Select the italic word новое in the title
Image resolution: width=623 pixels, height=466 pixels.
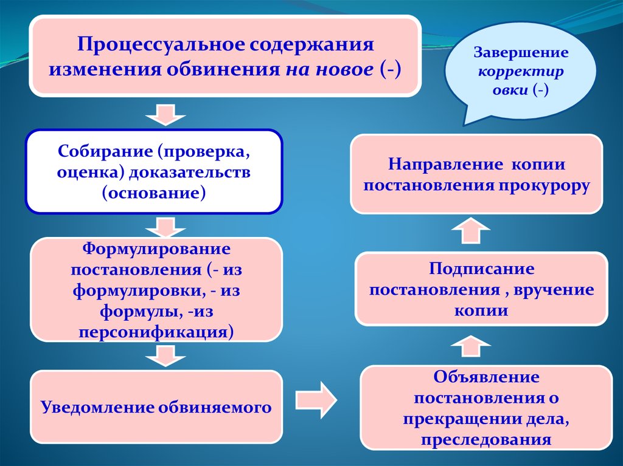click(344, 68)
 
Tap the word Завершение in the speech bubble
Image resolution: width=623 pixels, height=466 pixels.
click(521, 52)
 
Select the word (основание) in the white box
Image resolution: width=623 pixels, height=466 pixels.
click(154, 193)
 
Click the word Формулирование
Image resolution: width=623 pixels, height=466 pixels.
click(156, 249)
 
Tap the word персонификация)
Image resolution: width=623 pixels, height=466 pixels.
click(156, 332)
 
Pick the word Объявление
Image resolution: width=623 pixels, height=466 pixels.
click(486, 377)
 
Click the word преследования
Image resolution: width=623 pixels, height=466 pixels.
click(486, 439)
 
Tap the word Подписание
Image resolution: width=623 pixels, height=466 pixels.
click(481, 268)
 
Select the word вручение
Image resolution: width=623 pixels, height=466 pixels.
click(553, 289)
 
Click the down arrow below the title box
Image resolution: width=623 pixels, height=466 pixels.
click(164, 114)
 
